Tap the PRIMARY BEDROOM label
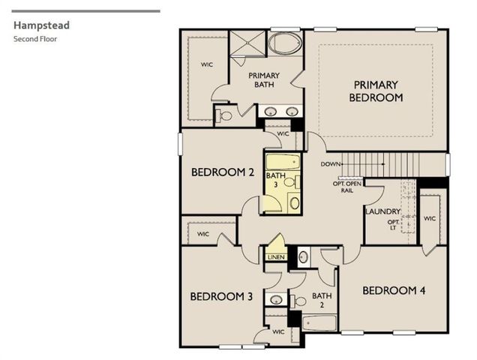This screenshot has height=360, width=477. [x=376, y=91]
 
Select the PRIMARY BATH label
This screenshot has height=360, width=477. [x=265, y=79]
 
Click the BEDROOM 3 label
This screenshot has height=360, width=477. [x=220, y=296]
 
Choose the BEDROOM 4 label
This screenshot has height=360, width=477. [x=394, y=290]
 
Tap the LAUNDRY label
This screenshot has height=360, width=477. [x=382, y=212]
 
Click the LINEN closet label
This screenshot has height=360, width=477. [x=274, y=257]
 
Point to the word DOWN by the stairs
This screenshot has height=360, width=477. [x=331, y=164]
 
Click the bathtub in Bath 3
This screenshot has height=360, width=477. [x=282, y=161]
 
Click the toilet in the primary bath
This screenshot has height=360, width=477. [x=223, y=115]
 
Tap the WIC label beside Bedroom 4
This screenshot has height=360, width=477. [x=429, y=218]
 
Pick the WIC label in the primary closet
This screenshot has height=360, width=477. [x=206, y=64]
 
